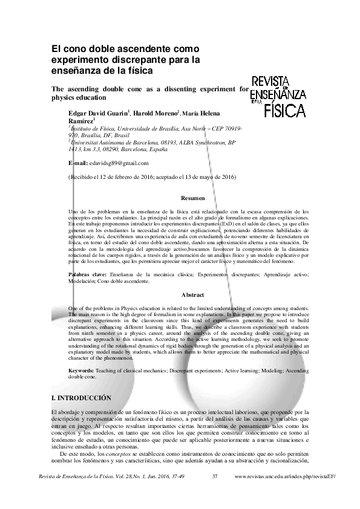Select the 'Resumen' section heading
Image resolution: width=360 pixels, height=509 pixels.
click(x=193, y=198)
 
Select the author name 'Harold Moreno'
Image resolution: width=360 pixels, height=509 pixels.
click(x=155, y=113)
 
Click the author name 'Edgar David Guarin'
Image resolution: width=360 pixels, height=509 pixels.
click(x=97, y=113)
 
